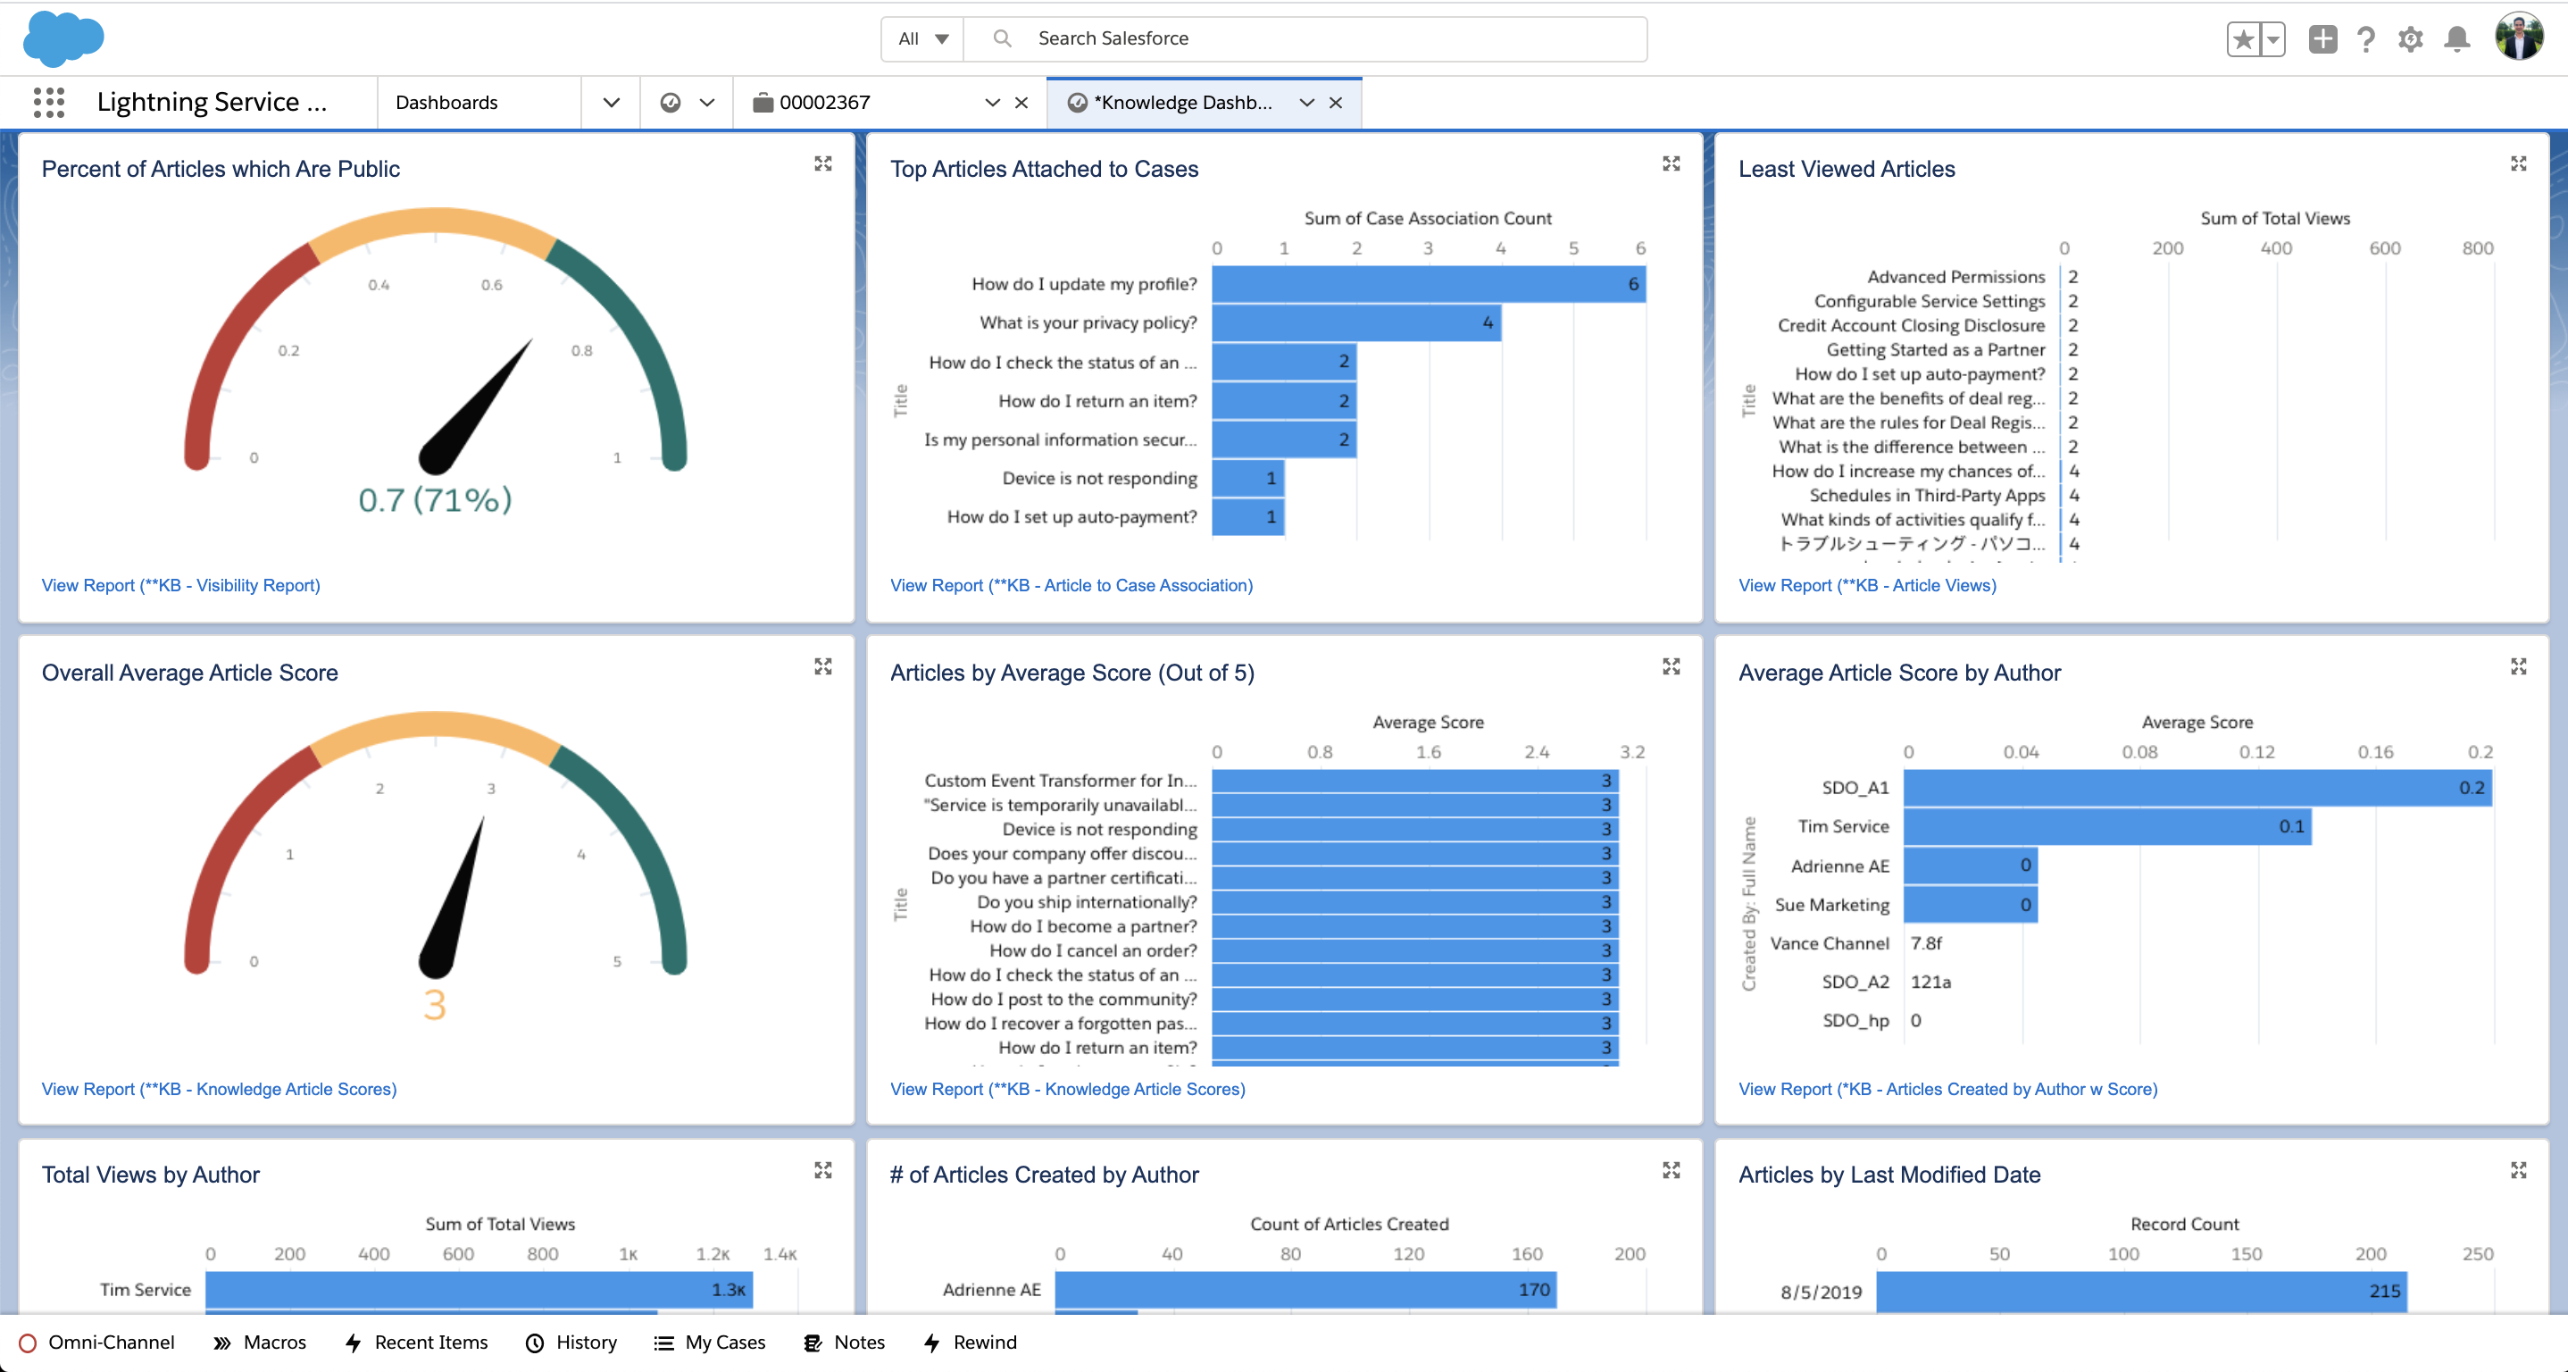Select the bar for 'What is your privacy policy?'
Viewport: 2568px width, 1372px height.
click(1355, 323)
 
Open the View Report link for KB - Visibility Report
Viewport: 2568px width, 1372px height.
click(180, 585)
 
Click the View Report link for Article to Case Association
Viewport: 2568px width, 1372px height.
click(1071, 585)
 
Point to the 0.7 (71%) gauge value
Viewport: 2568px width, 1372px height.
click(435, 499)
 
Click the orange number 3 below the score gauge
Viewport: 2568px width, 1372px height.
click(435, 1005)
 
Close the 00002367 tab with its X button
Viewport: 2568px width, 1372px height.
click(1021, 103)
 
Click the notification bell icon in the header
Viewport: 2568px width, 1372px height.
click(2457, 39)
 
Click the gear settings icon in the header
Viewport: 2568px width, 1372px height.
click(2411, 39)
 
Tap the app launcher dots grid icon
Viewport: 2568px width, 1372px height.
click(48, 102)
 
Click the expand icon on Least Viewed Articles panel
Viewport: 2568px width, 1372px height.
click(2518, 163)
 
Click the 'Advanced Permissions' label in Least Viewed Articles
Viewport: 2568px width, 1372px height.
click(1955, 277)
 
